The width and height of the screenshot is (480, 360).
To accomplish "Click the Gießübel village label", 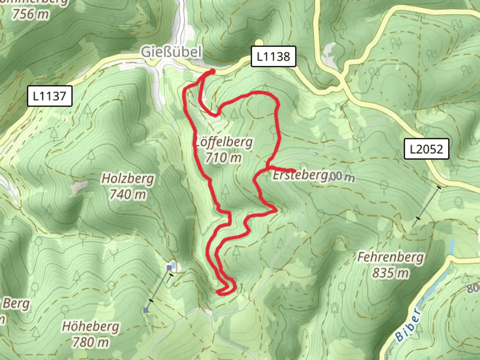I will coord(171,52).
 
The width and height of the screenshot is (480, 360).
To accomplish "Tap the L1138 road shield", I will coord(273,56).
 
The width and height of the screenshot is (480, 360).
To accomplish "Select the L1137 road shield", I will coord(49,96).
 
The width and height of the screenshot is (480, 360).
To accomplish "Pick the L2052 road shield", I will coord(426,149).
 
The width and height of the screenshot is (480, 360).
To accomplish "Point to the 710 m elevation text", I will coord(223,157).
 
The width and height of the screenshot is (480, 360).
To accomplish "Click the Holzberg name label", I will coord(128,179).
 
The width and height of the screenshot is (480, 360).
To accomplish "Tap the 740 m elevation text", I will coord(128,194).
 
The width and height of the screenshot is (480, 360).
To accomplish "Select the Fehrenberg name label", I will coord(390,257).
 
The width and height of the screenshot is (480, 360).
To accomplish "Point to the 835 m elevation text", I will coord(390,273).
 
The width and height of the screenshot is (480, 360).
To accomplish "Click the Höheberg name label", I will coord(90,326).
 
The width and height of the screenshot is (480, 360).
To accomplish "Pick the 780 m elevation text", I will coord(90,342).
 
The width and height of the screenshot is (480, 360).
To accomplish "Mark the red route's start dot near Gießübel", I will coord(212,71).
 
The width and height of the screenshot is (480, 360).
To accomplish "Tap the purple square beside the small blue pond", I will coord(169,267).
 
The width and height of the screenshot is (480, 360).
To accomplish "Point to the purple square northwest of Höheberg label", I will coord(146,310).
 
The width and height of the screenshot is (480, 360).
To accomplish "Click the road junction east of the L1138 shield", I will coord(342,83).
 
